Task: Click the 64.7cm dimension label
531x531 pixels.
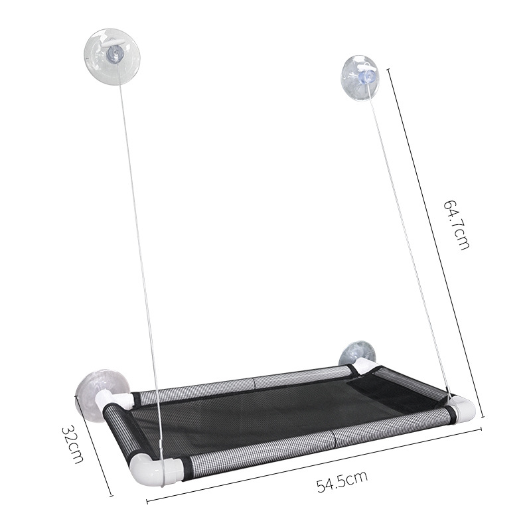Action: (x=457, y=225)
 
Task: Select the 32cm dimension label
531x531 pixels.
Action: (x=72, y=444)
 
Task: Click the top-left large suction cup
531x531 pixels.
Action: (x=112, y=56)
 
